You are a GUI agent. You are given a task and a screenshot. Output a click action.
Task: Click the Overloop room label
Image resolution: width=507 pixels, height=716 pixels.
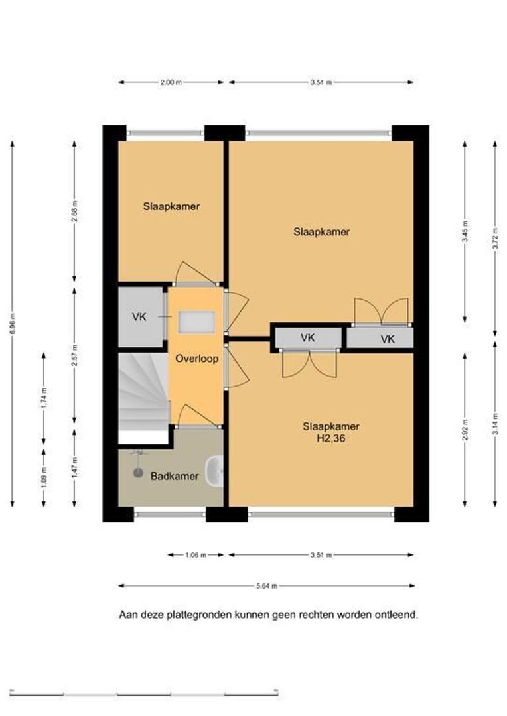[x=196, y=359]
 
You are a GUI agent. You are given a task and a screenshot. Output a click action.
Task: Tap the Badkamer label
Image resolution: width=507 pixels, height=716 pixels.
[x=175, y=476]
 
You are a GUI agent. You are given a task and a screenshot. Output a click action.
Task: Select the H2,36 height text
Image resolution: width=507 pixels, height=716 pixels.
[x=330, y=439]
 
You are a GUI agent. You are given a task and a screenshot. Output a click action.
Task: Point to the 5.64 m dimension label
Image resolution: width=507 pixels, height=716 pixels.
[x=267, y=586]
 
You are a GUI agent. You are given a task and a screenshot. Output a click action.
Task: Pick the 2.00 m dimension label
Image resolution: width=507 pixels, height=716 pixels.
[x=171, y=82]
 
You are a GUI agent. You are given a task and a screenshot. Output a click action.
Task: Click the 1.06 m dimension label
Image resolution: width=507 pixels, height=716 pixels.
[x=195, y=556]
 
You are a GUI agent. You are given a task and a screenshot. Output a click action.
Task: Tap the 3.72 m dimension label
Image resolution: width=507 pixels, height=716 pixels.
[x=495, y=239]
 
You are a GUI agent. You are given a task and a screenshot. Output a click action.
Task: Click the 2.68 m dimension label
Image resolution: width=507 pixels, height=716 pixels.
[x=75, y=211]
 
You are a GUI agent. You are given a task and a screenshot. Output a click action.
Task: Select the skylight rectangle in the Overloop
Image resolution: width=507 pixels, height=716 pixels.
[x=196, y=322]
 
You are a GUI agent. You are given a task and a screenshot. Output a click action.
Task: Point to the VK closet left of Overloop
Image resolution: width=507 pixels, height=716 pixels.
[x=141, y=316]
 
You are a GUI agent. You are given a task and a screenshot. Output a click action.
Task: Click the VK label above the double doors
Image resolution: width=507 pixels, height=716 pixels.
[x=308, y=338]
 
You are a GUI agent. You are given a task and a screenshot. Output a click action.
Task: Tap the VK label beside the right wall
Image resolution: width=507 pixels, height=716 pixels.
[x=388, y=339]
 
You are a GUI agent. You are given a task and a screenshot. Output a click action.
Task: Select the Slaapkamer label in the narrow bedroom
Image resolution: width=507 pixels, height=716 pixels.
[x=171, y=206]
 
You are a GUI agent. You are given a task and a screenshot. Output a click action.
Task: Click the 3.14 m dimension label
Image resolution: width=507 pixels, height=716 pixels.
[x=495, y=430]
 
